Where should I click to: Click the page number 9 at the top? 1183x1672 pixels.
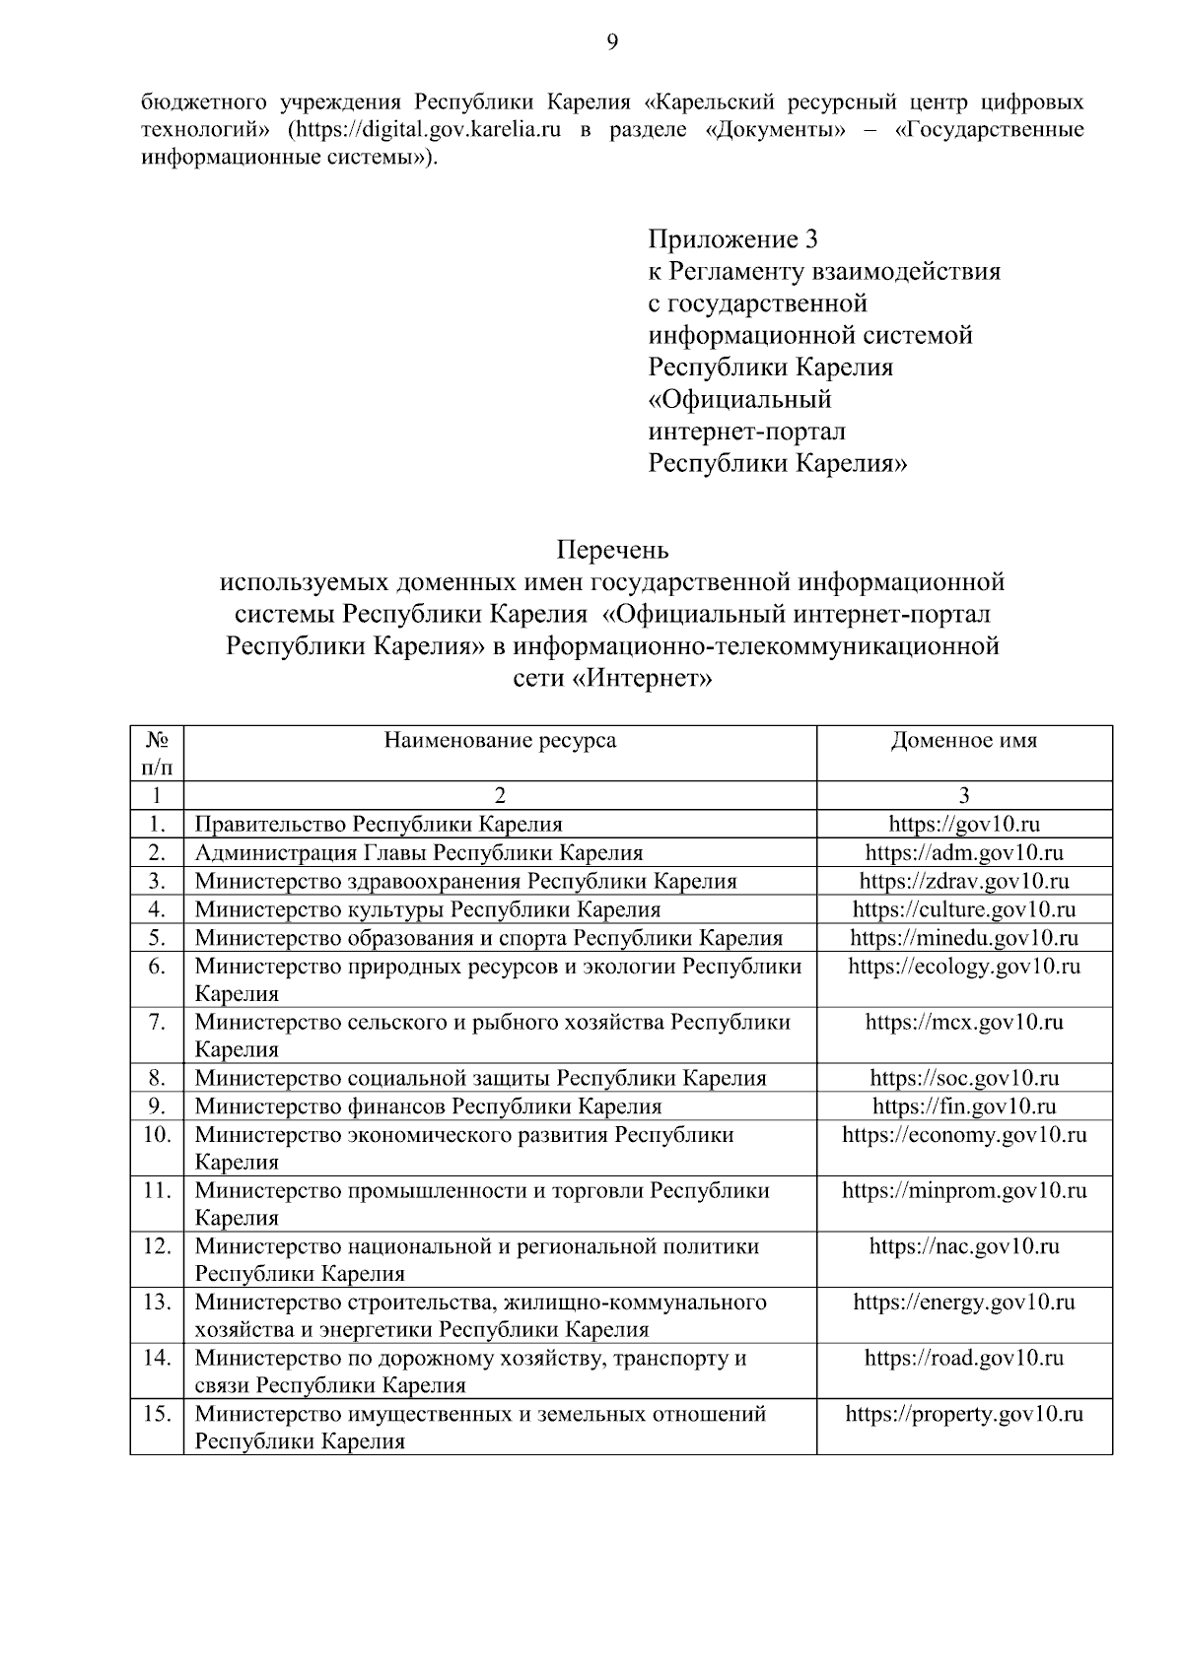(612, 40)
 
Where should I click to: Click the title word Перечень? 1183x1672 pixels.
(612, 549)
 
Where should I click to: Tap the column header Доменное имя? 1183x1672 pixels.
(963, 741)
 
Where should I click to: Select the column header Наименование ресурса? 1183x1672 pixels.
(500, 741)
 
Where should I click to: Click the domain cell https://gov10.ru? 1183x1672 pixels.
(963, 825)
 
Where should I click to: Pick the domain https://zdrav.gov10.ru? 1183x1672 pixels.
(963, 881)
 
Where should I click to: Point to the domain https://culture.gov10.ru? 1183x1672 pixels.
(963, 909)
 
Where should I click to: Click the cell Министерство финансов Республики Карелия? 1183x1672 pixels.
(428, 1106)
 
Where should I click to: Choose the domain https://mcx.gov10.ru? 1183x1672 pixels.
(963, 1023)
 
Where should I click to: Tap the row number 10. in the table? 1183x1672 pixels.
(157, 1135)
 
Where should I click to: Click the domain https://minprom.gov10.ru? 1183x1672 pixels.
(963, 1191)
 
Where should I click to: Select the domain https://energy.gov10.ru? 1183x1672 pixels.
(963, 1303)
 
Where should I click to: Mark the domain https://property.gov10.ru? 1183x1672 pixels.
(963, 1415)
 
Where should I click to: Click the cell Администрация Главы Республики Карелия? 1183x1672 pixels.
(419, 853)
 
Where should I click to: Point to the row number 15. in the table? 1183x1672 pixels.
(157, 1415)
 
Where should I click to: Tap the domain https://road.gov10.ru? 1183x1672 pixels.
(963, 1359)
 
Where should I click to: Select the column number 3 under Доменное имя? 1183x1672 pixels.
(963, 796)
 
